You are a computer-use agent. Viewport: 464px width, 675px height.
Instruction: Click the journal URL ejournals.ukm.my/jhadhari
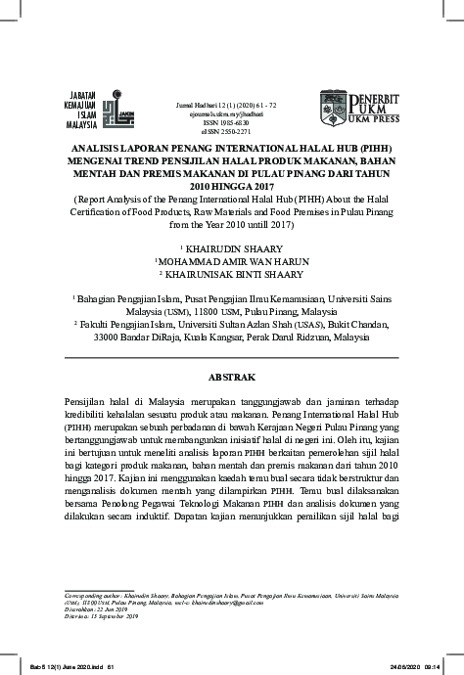[x=231, y=112]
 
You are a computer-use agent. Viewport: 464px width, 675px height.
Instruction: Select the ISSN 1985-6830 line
[x=232, y=121]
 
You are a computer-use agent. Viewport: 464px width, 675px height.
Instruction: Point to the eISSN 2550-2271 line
[x=232, y=130]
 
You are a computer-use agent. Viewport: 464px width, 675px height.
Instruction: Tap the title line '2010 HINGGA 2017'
[x=232, y=185]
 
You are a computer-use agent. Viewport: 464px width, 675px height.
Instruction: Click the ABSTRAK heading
[x=232, y=376]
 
